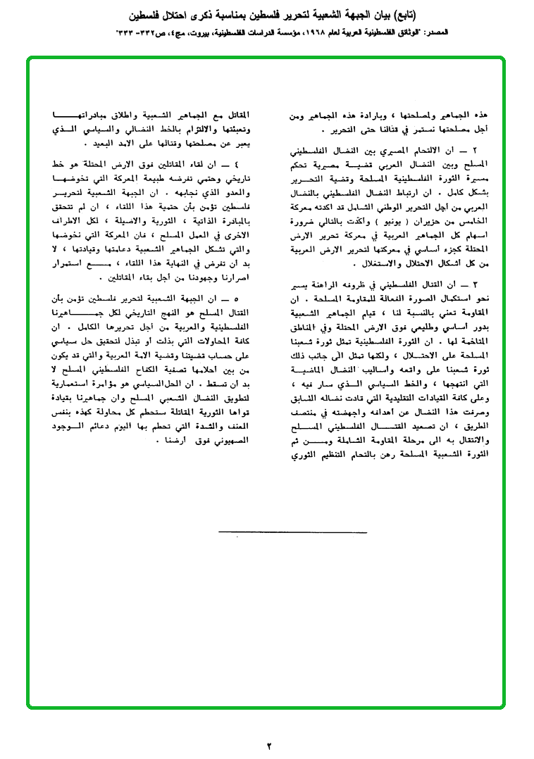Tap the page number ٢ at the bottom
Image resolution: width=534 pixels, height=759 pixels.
pyautogui.click(x=268, y=746)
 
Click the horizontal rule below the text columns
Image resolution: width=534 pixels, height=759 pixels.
pyautogui.click(x=266, y=533)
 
